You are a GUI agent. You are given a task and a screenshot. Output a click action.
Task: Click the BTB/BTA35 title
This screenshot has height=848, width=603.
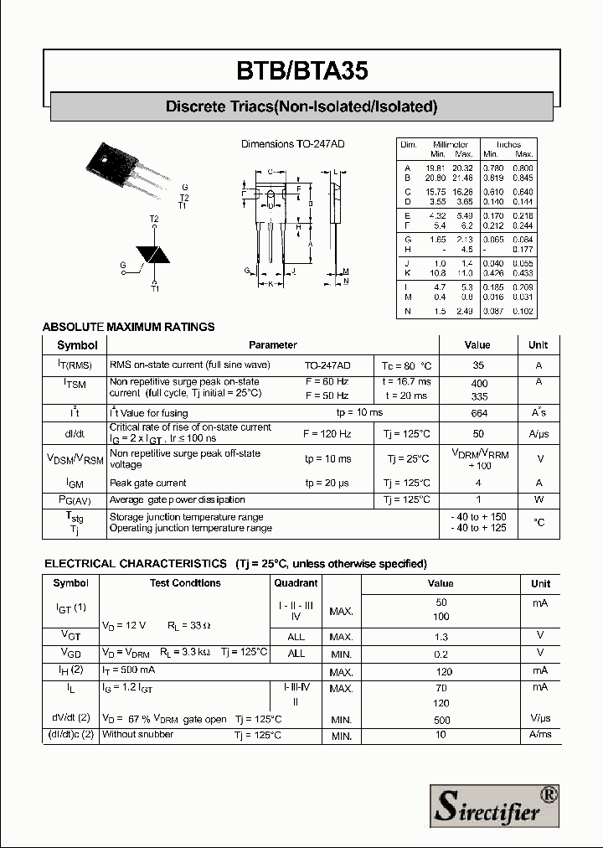pyautogui.click(x=301, y=71)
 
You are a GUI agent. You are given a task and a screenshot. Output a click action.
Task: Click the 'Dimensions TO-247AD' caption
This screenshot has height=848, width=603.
pyautogui.click(x=292, y=144)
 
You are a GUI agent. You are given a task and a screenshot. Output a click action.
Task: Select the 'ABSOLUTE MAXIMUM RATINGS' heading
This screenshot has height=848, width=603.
pyautogui.click(x=128, y=327)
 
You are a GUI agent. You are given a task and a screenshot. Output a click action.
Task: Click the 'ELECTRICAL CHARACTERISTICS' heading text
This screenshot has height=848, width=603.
pyautogui.click(x=135, y=563)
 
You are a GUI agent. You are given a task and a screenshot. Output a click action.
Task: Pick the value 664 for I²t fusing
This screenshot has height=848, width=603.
pyautogui.click(x=479, y=413)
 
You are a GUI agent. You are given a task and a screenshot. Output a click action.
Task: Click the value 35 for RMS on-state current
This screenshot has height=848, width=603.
pyautogui.click(x=478, y=365)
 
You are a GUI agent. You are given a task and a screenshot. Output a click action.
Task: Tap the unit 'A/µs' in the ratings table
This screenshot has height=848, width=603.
pyautogui.click(x=539, y=434)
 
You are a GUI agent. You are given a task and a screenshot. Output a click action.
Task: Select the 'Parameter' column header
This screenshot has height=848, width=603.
pyautogui.click(x=272, y=345)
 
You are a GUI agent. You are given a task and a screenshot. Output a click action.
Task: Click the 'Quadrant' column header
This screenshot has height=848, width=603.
pyautogui.click(x=296, y=583)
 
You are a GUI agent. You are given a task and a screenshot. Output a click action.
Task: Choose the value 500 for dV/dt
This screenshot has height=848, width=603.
pyautogui.click(x=441, y=720)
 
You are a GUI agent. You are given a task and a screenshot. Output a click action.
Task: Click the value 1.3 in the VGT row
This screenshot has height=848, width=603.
pyautogui.click(x=441, y=638)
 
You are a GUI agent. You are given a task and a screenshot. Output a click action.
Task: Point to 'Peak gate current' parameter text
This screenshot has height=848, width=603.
pyautogui.click(x=148, y=483)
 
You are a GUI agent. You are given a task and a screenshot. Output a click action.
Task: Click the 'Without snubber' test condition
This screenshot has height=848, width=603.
pyautogui.click(x=137, y=735)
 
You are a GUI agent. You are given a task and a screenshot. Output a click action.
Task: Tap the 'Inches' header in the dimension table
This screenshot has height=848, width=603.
pyautogui.click(x=508, y=144)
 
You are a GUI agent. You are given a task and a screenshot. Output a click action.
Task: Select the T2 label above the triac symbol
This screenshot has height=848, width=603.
pyautogui.click(x=154, y=220)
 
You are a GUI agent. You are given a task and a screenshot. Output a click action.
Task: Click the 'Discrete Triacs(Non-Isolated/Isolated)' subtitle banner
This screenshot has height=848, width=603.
pyautogui.click(x=301, y=106)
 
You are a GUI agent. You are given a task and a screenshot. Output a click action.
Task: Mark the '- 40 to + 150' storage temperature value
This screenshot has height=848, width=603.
pyautogui.click(x=479, y=517)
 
